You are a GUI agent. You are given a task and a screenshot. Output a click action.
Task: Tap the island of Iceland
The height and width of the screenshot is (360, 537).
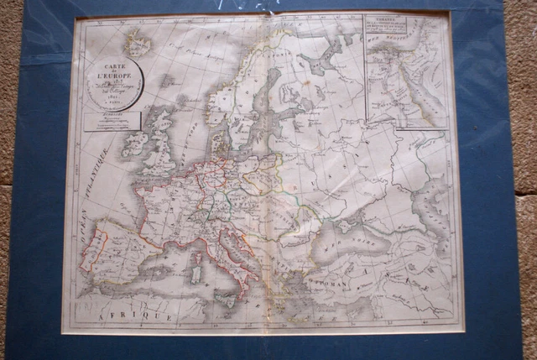[x=137, y=41]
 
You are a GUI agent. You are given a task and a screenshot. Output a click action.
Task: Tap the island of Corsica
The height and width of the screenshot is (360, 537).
[x=198, y=253]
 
